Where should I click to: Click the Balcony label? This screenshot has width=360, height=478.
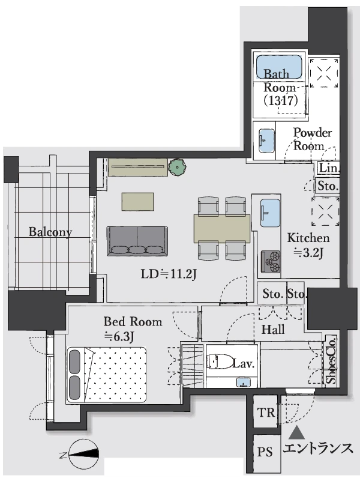[x=50, y=232]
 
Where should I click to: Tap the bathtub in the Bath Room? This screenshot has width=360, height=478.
[x=278, y=67]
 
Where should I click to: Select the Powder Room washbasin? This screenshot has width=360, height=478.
[x=267, y=141]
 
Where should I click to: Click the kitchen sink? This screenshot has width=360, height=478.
[x=270, y=213]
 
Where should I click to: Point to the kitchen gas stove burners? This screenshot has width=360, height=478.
[x=271, y=261]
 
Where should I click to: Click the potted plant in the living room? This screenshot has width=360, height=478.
[x=177, y=167]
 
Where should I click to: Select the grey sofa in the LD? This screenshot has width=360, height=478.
[x=137, y=241]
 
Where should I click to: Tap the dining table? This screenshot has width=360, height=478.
[x=222, y=229]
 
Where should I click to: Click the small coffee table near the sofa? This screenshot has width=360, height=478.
[x=137, y=201]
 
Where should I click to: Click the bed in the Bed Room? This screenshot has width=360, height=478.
[x=106, y=375]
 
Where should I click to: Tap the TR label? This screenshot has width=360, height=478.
[x=266, y=413]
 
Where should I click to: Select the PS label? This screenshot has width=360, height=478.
[x=265, y=452]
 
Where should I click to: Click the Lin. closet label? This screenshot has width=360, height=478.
[x=329, y=168]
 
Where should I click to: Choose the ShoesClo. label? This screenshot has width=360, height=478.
[x=331, y=360]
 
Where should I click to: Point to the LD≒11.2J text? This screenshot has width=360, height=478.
[x=169, y=274]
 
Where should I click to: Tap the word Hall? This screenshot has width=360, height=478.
[x=273, y=330]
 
